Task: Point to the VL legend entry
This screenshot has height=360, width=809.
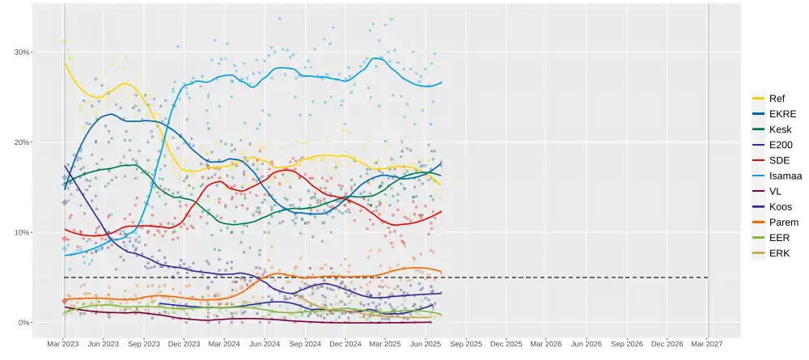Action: pyautogui.click(x=775, y=192)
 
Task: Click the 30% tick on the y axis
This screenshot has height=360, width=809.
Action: pyautogui.click(x=21, y=52)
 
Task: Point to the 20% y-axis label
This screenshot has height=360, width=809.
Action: pyautogui.click(x=21, y=142)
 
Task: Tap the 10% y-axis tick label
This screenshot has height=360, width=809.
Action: pyautogui.click(x=21, y=233)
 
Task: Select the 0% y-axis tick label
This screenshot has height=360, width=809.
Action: pyautogui.click(x=23, y=323)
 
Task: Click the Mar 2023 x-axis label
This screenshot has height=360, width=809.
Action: pyautogui.click(x=63, y=344)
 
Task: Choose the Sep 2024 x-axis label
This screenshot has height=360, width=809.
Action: pyautogui.click(x=305, y=344)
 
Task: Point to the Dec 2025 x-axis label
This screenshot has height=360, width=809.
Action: pyautogui.click(x=506, y=344)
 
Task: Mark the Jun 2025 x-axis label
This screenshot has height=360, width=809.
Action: pyautogui.click(x=426, y=344)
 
